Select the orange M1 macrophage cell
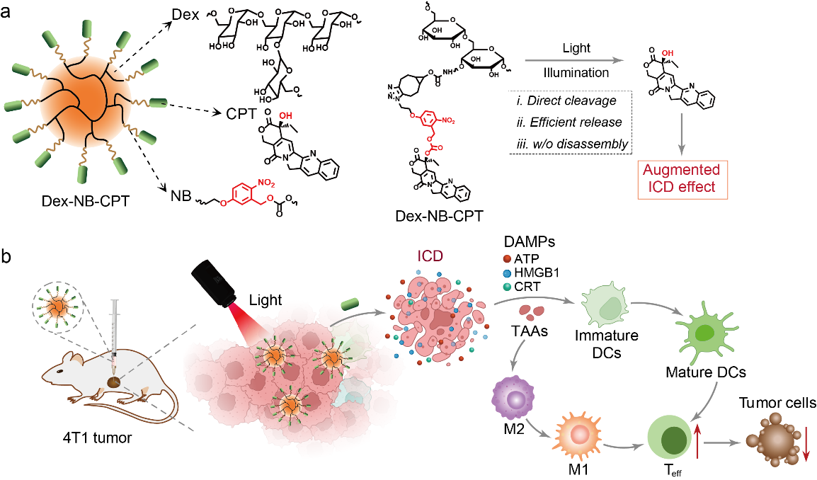coord(572,433)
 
